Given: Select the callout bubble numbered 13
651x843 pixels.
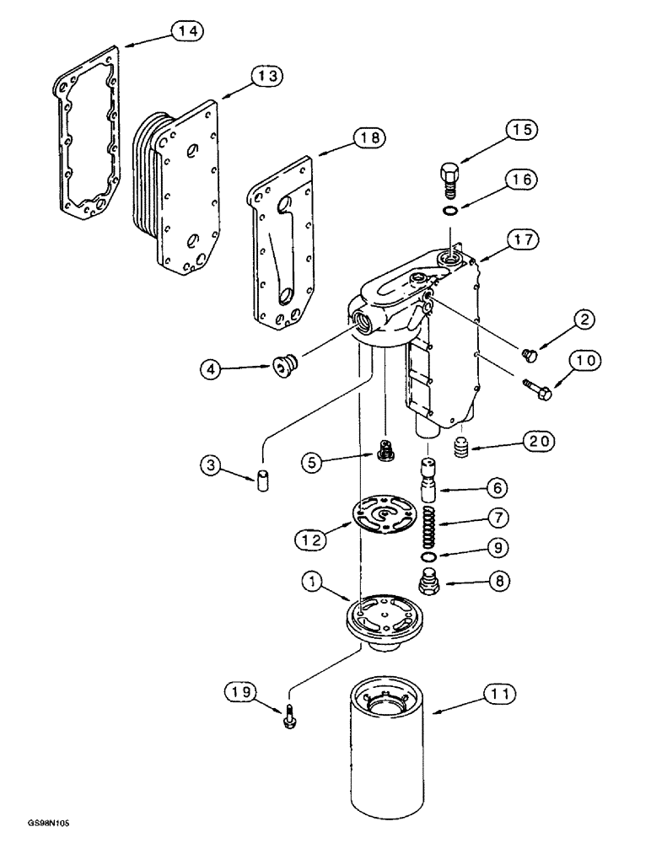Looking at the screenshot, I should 266,75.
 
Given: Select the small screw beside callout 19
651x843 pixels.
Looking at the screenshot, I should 289,717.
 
